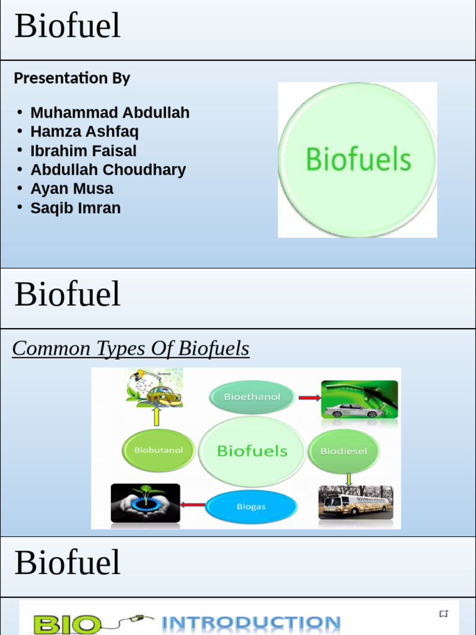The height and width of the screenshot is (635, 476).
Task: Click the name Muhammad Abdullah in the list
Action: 110,113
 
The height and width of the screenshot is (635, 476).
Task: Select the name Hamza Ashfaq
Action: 84,131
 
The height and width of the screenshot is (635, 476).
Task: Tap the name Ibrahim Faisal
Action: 83,151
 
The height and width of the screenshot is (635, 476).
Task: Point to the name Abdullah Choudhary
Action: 108,170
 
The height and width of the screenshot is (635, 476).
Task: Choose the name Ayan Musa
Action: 72,189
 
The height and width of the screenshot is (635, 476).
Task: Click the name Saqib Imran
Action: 76,208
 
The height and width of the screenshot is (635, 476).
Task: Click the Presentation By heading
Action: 72,78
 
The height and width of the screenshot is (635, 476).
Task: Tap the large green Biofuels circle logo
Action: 358,160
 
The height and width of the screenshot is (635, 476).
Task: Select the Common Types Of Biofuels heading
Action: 131,349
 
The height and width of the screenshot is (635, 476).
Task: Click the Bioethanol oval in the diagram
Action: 252,397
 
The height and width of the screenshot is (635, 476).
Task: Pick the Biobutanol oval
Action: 158,450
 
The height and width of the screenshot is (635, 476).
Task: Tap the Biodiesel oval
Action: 343,451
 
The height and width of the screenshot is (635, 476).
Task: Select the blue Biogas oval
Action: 251,507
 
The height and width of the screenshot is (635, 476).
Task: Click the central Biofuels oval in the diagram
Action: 252,451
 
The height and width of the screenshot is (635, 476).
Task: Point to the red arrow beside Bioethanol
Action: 309,397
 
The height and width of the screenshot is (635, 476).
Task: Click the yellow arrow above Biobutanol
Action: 157,416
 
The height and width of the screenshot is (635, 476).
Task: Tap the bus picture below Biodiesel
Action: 356,502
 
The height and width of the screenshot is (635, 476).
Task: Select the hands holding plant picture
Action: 146,503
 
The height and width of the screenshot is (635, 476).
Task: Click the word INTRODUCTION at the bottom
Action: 251,623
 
